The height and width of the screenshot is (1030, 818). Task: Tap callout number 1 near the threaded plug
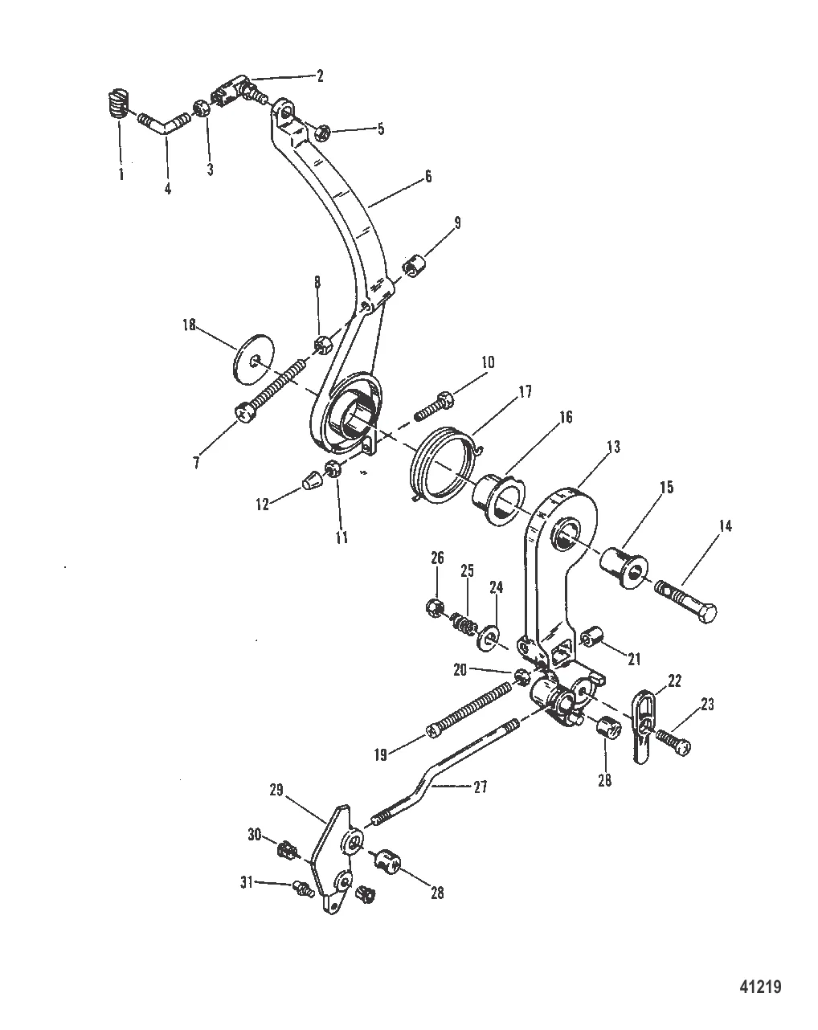coord(121,174)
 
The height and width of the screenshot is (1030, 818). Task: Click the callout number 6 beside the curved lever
coord(428,177)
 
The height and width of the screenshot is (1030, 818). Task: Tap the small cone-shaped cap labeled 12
coord(312,478)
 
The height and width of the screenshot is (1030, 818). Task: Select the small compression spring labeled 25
coord(464,623)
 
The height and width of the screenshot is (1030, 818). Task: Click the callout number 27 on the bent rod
coord(481,787)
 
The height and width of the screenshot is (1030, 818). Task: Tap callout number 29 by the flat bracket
coord(276,790)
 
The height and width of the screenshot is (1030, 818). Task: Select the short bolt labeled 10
coord(435,404)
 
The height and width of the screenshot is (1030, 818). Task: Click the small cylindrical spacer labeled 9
coord(415,266)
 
